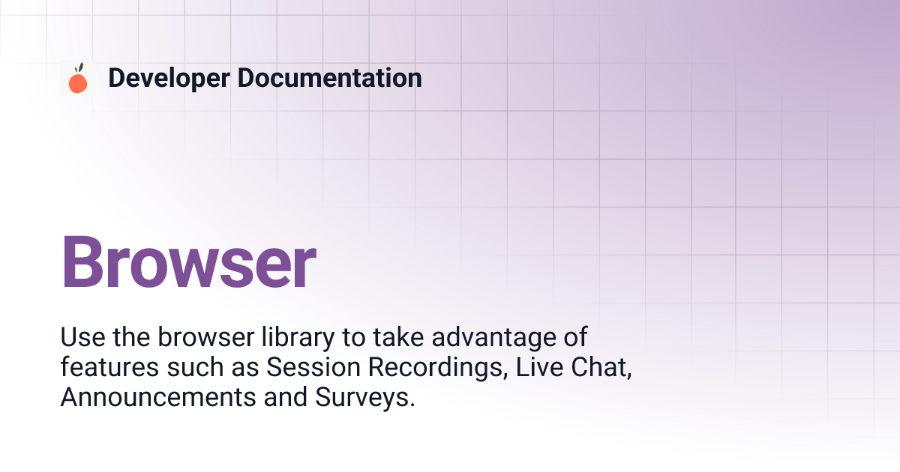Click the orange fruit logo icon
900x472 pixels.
[78, 78]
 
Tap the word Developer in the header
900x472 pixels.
[169, 78]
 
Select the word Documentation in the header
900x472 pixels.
[329, 77]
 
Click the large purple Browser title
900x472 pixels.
[189, 261]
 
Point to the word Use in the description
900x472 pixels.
[82, 336]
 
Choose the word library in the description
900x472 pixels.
[298, 338]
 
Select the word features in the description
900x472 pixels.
[109, 366]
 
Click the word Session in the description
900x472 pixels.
[313, 366]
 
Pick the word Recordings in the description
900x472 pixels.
[438, 368]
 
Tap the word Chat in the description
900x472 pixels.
[601, 367]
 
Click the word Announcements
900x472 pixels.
[158, 396]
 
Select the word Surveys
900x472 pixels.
[364, 398]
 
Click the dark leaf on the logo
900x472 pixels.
[80, 68]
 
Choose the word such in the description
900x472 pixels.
[195, 366]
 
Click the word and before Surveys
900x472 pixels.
[285, 396]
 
